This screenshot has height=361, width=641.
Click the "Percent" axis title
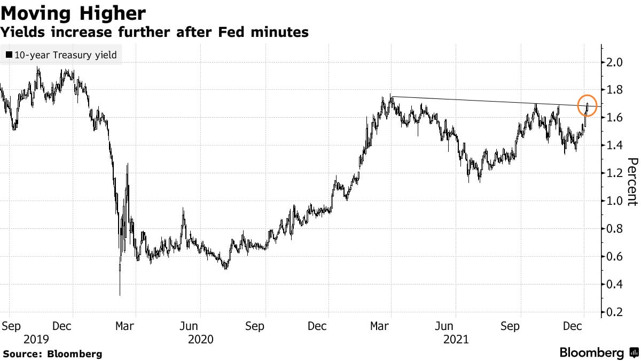(632, 182)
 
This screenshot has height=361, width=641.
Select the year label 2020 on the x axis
(200, 339)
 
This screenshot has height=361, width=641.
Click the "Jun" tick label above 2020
(190, 326)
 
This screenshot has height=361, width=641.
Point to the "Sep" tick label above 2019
(11, 326)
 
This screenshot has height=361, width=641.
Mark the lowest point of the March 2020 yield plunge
(120, 294)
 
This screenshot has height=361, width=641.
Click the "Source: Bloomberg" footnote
(52, 354)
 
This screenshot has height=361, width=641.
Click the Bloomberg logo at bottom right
(598, 353)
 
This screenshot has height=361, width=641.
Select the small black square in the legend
(9, 55)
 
